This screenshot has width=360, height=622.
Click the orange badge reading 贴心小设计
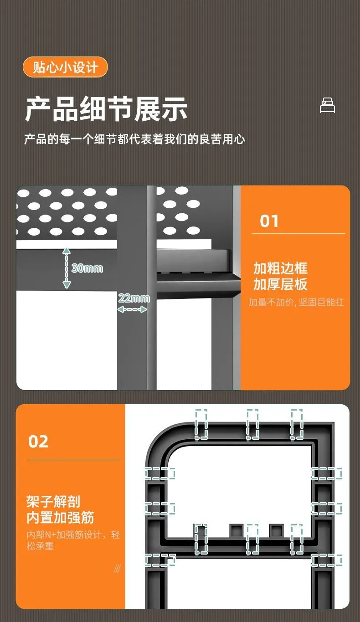coord(65,67)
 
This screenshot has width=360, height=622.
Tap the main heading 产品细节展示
coord(106,109)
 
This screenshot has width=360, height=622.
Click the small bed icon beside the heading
coord(328,105)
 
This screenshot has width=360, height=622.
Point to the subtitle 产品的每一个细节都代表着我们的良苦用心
coord(135,139)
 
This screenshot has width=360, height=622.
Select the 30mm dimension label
coord(87,268)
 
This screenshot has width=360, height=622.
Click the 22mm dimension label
coord(134,298)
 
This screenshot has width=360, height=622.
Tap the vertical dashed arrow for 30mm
coord(67,267)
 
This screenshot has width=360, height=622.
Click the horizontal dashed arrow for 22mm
coord(132,309)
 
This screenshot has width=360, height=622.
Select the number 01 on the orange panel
coord(269,221)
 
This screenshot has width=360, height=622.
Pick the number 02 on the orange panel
coord(38,442)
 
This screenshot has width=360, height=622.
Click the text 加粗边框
coord(280,268)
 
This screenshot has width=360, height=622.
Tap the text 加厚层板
coord(280,284)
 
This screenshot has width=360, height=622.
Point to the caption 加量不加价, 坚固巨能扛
coord(296,302)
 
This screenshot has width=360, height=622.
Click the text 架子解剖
coord(53,501)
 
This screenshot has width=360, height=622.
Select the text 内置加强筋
coord(60,518)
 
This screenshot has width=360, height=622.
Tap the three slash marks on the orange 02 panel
coord(117,569)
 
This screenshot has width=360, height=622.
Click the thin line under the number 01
coord(298,234)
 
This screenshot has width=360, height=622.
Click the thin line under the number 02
coord(74,460)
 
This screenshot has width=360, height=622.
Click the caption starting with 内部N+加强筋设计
coord(73,540)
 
